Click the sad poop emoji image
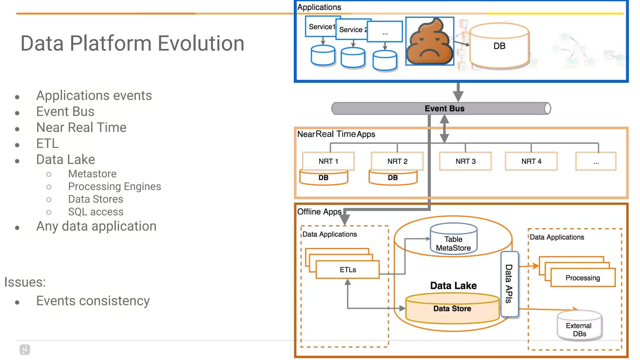pyautogui.click(x=430, y=41)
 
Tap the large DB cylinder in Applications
pyautogui.click(x=499, y=46)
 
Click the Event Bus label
pyautogui.click(x=444, y=108)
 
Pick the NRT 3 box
pyautogui.click(x=465, y=161)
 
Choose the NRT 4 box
pyautogui.click(x=531, y=161)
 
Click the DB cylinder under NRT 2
pyautogui.click(x=393, y=178)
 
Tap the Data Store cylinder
pyautogui.click(x=452, y=308)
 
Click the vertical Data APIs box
pyautogui.click(x=509, y=284)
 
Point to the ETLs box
pyautogui.click(x=348, y=270)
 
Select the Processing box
pyautogui.click(x=583, y=278)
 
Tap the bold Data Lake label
pyautogui.click(x=453, y=286)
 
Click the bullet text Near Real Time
pyautogui.click(x=81, y=127)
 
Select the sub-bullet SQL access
pyautogui.click(x=96, y=212)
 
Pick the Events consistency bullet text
pyautogui.click(x=93, y=301)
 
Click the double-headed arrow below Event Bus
pyautogui.click(x=444, y=129)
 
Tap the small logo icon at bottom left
pyautogui.click(x=25, y=350)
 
